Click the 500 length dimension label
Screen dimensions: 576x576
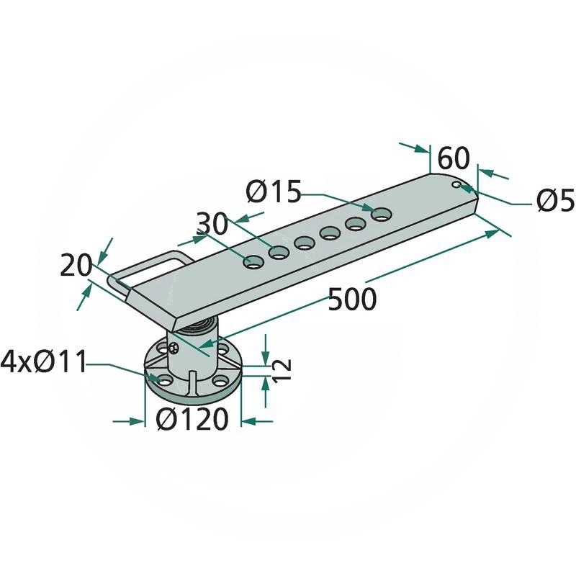tap(352, 299)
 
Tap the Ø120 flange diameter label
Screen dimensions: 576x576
tap(192, 419)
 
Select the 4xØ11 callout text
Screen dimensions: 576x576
tap(43, 362)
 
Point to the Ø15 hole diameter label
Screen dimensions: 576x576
tap(274, 192)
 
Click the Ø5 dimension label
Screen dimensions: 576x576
tap(556, 201)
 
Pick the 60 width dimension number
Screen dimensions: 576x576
tap(454, 158)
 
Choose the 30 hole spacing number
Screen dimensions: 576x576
tap(212, 224)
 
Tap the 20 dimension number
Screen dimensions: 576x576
tap(76, 265)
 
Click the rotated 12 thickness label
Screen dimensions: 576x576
tap(282, 369)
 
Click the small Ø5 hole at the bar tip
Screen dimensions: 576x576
tap(456, 184)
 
